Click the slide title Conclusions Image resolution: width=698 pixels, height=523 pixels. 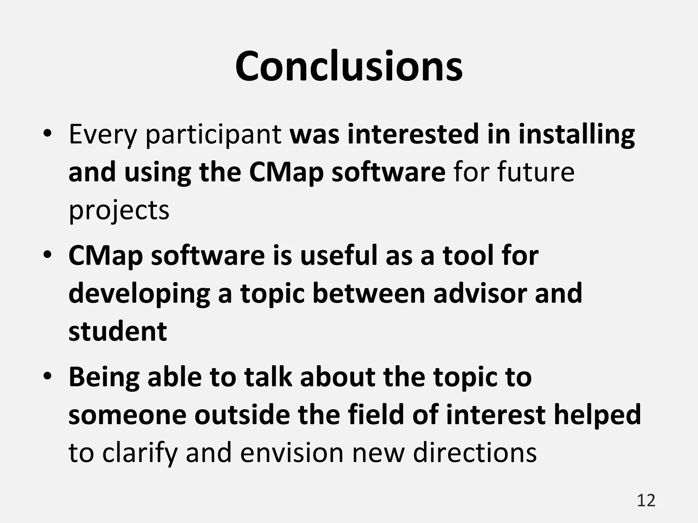(x=349, y=66)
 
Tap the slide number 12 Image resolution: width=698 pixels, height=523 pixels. (x=646, y=501)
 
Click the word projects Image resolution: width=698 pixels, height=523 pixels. (x=119, y=211)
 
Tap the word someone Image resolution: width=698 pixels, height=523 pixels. (x=127, y=415)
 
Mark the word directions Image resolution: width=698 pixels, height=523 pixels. (x=475, y=453)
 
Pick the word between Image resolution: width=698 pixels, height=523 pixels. (x=369, y=294)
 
